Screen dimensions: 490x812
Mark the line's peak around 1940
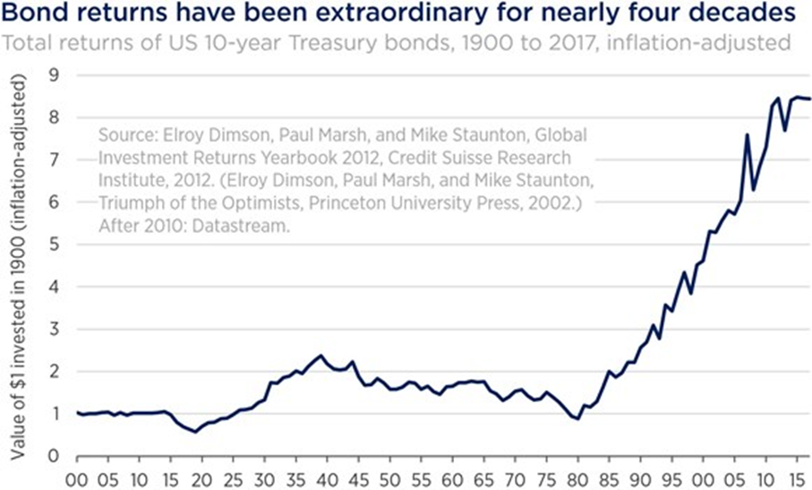(321, 356)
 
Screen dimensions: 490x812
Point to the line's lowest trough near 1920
(195, 432)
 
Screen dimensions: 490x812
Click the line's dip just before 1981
(577, 418)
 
